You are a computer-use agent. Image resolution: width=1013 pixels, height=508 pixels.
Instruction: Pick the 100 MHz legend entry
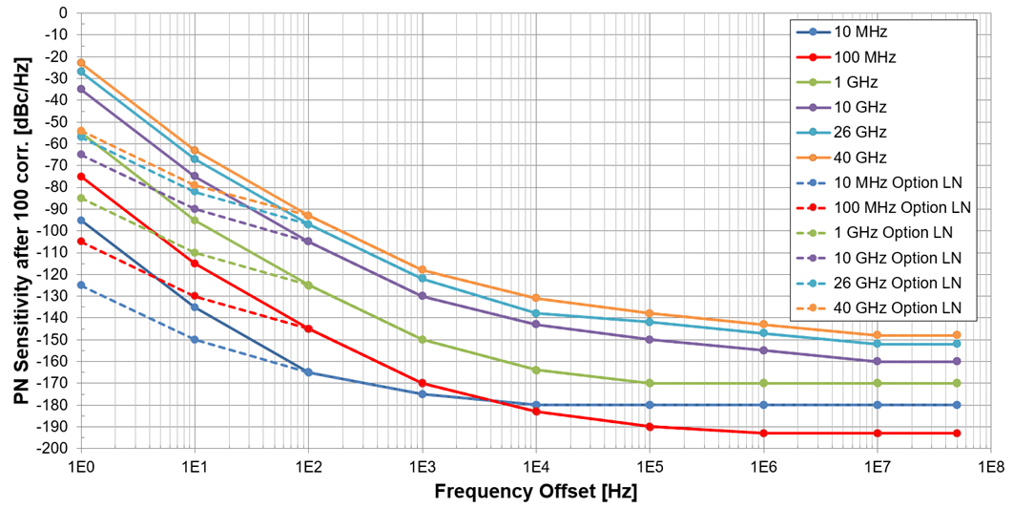pos(864,57)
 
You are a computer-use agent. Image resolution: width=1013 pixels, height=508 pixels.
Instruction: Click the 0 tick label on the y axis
pos(63,13)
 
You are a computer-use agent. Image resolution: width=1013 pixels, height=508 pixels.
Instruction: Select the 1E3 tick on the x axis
pos(422,467)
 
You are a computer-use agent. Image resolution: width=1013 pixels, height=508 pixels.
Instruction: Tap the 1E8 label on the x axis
pos(990,467)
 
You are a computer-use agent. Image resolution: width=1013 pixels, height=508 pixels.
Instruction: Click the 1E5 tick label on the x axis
pos(649,467)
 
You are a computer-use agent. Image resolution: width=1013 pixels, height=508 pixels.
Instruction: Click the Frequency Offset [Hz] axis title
pos(535,492)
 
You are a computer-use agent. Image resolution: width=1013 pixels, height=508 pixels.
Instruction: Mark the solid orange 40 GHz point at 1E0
pos(81,63)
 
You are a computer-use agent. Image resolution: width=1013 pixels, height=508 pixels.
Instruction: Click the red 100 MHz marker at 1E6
pos(762,433)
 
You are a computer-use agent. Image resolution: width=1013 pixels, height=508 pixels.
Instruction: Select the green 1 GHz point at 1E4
pos(535,370)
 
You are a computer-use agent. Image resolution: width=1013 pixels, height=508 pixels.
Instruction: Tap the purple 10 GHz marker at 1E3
pos(422,296)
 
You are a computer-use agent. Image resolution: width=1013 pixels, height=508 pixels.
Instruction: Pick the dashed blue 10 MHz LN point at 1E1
pos(195,339)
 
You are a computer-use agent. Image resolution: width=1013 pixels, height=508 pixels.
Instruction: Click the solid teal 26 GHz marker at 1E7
pos(876,344)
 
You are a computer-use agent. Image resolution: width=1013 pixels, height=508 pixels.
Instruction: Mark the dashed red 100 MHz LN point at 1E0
pos(81,242)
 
